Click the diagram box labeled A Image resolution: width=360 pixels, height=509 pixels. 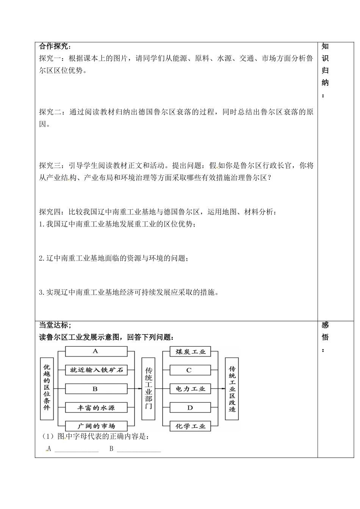pyautogui.click(x=96, y=351)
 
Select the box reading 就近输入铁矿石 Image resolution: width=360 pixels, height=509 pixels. pyautogui.click(x=96, y=370)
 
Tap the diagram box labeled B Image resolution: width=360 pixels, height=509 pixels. pyautogui.click(x=96, y=389)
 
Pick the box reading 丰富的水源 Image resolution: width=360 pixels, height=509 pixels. pyautogui.click(x=96, y=408)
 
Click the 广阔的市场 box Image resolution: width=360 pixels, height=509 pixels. pyautogui.click(x=96, y=426)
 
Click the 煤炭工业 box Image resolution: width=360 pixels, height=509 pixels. pyautogui.click(x=190, y=352)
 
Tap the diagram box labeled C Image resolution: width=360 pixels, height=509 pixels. pyautogui.click(x=190, y=370)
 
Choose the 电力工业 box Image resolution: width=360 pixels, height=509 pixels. pyautogui.click(x=190, y=389)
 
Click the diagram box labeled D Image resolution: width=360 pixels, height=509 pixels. pyautogui.click(x=190, y=408)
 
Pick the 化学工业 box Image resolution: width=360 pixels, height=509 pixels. pyautogui.click(x=190, y=426)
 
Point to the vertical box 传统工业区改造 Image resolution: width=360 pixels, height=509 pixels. pyautogui.click(x=232, y=388)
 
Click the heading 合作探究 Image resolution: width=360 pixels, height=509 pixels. pyautogui.click(x=55, y=46)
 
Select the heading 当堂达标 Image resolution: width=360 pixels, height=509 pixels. pyautogui.click(x=55, y=325)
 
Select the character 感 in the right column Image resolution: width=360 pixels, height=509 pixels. pyautogui.click(x=325, y=325)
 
